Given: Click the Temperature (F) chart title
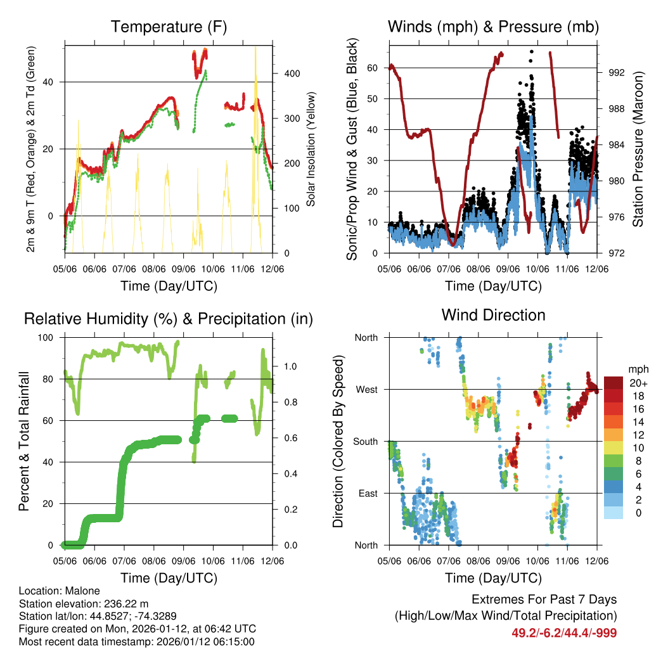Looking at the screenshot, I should [x=169, y=27].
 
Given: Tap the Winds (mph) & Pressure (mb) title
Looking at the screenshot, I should [x=493, y=27].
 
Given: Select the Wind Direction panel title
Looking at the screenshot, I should [x=493, y=315].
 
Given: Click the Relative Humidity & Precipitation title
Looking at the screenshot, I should [x=169, y=319].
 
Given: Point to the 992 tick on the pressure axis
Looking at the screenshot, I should [x=616, y=73].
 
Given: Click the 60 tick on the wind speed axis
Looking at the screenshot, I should [x=373, y=68].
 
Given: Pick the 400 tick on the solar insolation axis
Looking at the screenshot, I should [x=292, y=74].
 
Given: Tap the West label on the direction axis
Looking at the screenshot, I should [x=366, y=390].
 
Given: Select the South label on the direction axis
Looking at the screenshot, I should [x=365, y=442].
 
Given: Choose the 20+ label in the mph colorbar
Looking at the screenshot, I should [x=638, y=383].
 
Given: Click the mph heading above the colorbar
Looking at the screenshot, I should [x=637, y=369].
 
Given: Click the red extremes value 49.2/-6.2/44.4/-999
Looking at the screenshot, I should [x=564, y=633].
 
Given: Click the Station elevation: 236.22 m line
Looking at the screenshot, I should [x=84, y=603].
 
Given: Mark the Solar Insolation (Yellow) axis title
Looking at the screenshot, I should [x=311, y=150].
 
